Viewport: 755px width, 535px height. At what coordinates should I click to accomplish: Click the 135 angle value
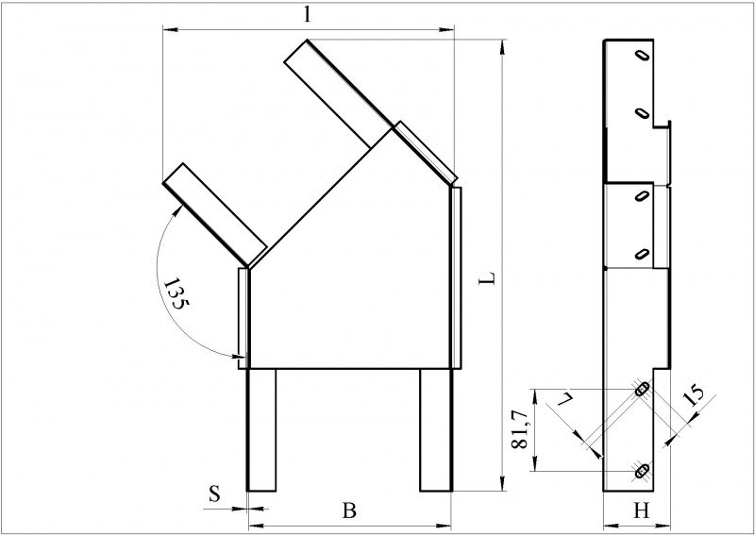tap(176, 293)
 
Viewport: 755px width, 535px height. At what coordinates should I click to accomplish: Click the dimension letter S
tap(214, 494)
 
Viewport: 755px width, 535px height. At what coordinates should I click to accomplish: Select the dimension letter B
tap(349, 510)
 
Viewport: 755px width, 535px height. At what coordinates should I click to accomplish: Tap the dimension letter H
tap(641, 510)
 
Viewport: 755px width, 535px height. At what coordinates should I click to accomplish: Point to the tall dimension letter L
tap(487, 277)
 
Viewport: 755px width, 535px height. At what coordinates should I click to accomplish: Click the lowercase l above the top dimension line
tap(308, 15)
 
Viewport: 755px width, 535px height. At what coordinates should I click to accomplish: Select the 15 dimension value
tap(694, 394)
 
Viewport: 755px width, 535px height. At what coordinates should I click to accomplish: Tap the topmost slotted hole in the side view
tap(643, 55)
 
